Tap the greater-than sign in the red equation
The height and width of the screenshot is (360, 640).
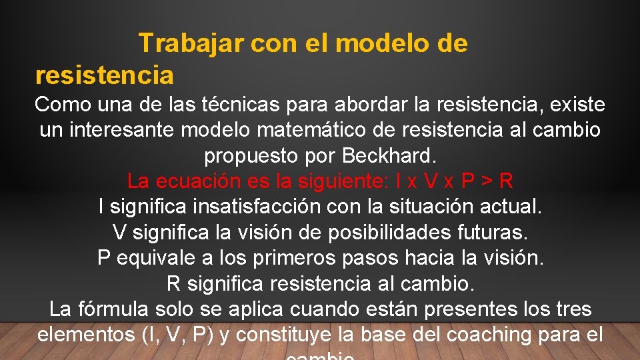[x=486, y=181]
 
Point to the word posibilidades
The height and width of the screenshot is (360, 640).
[x=375, y=232]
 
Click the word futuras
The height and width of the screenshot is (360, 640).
[x=492, y=232]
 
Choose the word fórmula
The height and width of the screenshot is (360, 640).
[x=114, y=309]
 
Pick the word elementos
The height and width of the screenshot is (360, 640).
[x=87, y=335]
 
